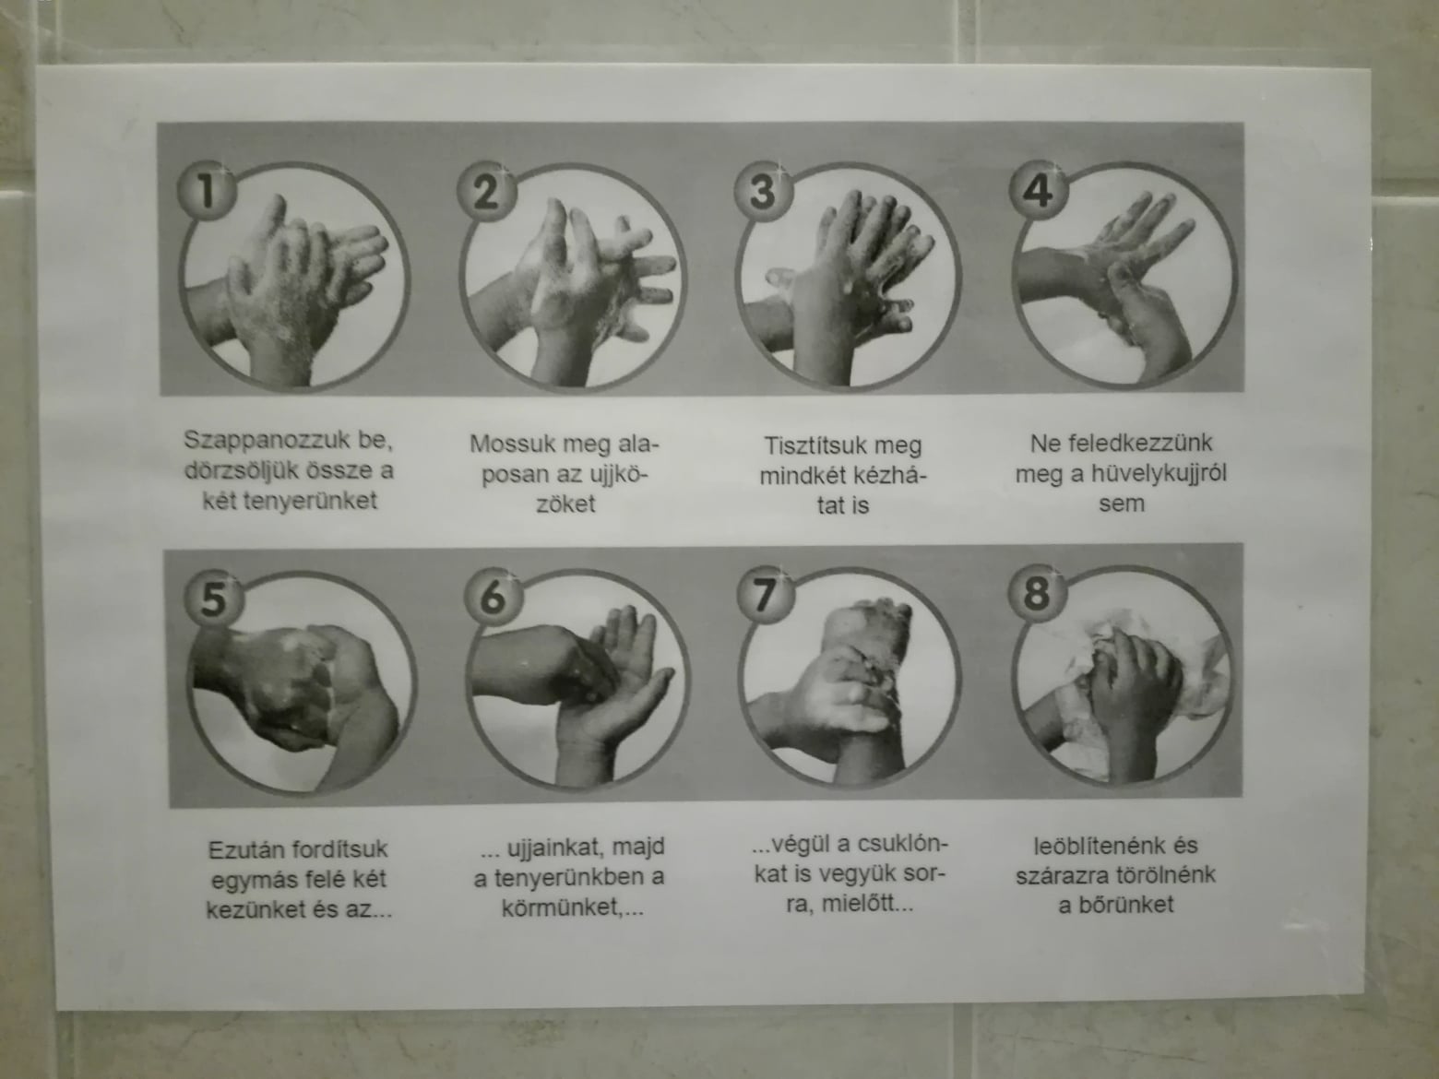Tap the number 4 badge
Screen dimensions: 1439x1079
pos(1039,190)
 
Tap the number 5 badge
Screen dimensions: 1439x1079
pos(214,599)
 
